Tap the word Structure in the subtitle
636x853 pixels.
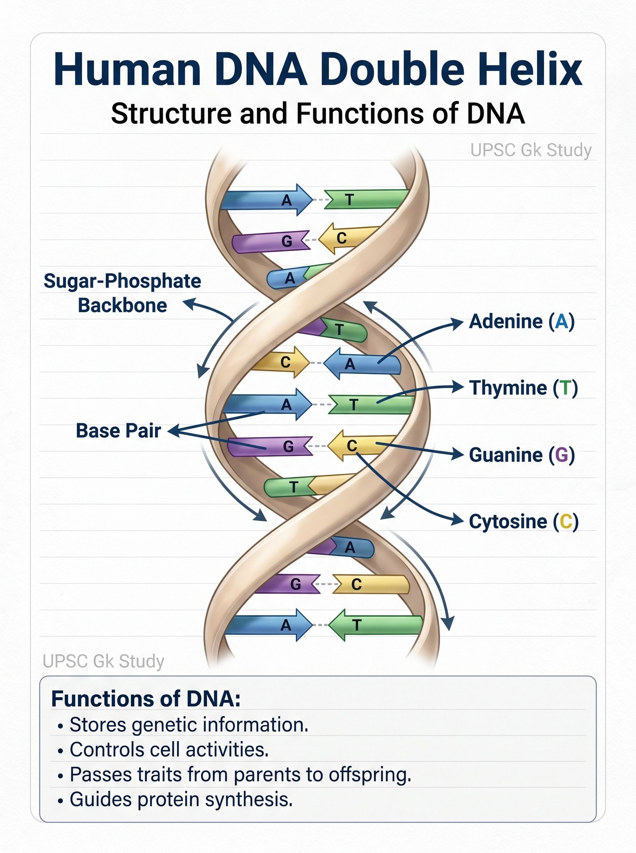(171, 114)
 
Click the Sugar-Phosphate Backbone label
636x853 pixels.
(122, 293)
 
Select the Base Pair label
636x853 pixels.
(118, 431)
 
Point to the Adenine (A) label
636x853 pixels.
(522, 322)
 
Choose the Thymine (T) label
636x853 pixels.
(524, 388)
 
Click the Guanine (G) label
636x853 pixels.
(522, 455)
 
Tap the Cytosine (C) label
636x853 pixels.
(524, 521)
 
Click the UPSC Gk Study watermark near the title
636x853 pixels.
(531, 150)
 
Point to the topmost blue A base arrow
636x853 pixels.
(266, 200)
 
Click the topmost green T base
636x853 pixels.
(366, 199)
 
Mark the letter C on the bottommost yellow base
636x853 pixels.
(356, 585)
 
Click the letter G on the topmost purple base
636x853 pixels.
(287, 241)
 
